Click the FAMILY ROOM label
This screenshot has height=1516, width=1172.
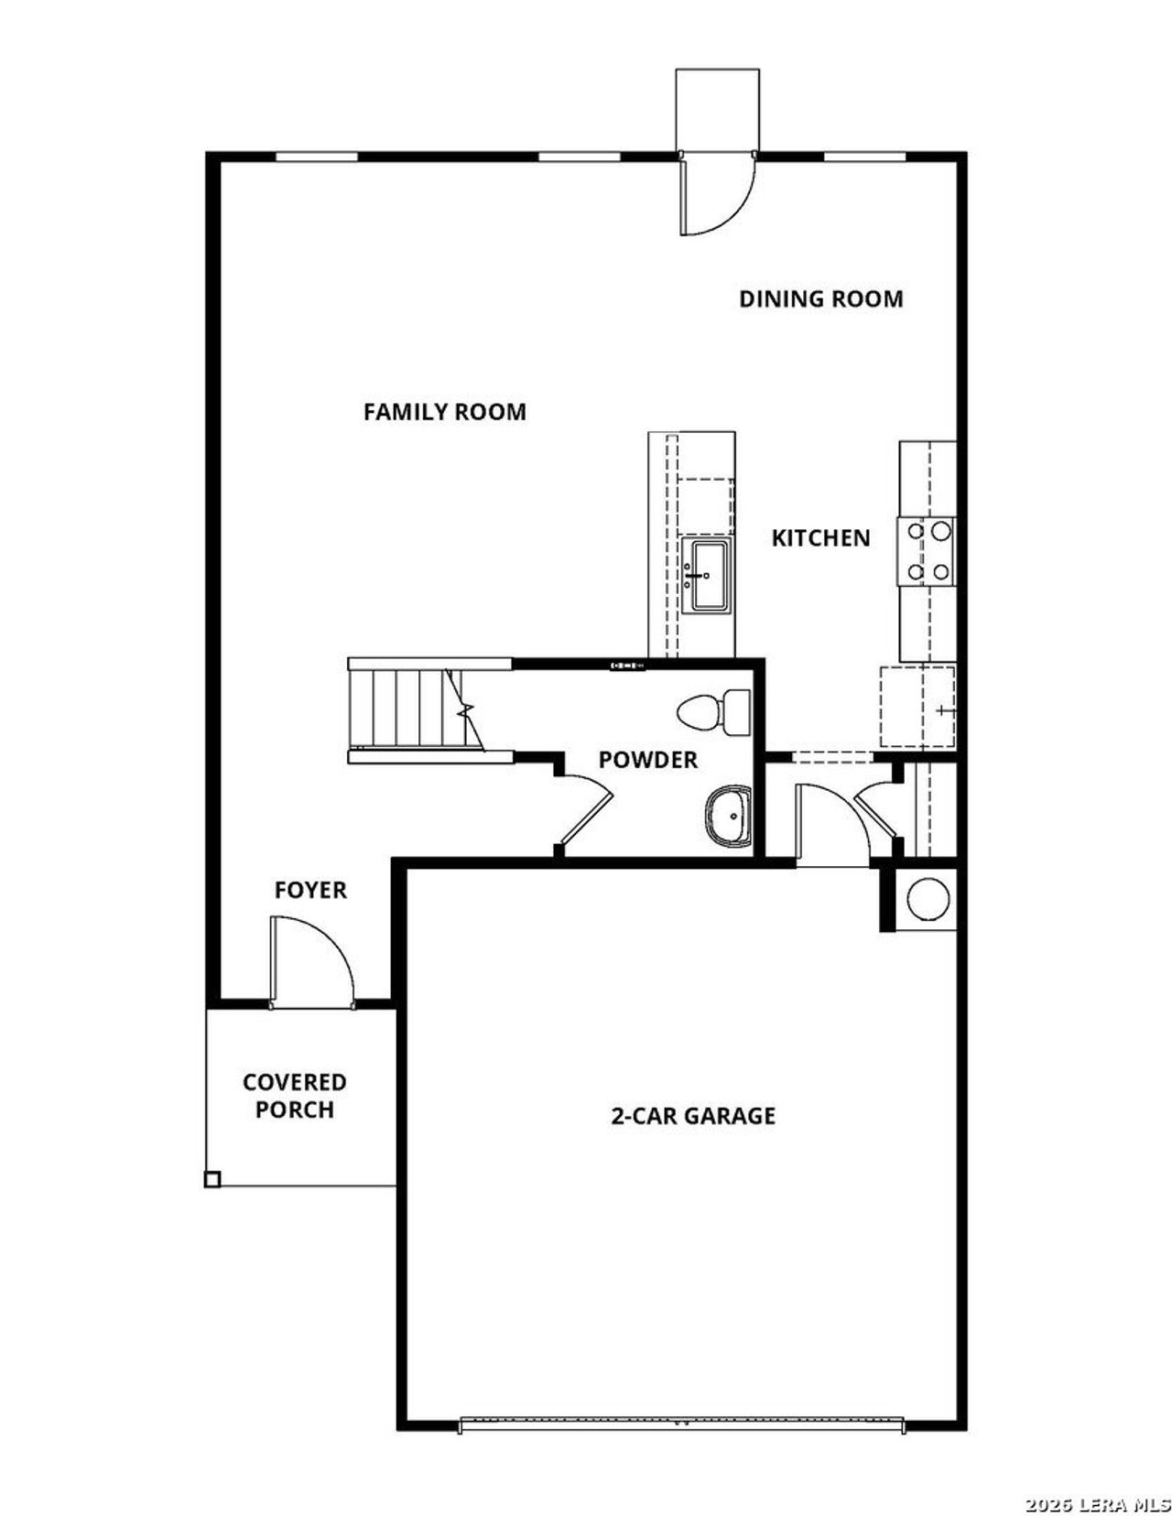[x=445, y=412]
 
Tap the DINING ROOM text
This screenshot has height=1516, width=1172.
[x=820, y=299]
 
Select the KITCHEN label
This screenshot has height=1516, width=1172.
[x=820, y=538]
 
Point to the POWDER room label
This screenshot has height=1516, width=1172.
[x=647, y=760]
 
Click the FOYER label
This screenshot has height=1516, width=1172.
[x=310, y=890]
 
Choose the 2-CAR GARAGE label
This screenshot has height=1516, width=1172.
[x=693, y=1116]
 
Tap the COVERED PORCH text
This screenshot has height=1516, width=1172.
[x=294, y=1096]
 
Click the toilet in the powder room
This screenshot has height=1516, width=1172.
[x=713, y=711]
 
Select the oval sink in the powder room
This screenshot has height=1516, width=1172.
[x=728, y=817]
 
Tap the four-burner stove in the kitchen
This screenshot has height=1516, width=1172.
[x=927, y=551]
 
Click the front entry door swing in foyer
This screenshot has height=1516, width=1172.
[x=311, y=961]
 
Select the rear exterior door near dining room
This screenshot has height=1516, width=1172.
[x=715, y=193]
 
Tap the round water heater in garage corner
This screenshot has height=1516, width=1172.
[x=926, y=899]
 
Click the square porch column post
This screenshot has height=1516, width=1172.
[x=212, y=1179]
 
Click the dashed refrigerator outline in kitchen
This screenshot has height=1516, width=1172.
[x=917, y=707]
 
